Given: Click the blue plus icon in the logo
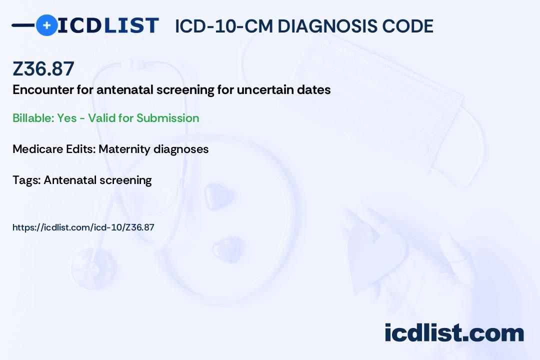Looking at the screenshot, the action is click(47, 25).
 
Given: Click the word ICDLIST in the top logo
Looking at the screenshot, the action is click(108, 25).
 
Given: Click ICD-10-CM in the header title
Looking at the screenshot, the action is click(224, 26).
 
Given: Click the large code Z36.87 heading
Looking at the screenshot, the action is click(43, 68).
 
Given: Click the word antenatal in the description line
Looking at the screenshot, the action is click(124, 89).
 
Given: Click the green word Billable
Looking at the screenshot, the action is click(33, 118).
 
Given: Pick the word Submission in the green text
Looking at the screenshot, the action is click(167, 118).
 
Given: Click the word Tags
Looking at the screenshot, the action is click(26, 180).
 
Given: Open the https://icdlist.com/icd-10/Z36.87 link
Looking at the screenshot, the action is click(83, 227).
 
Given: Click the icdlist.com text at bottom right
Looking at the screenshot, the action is click(454, 332).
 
